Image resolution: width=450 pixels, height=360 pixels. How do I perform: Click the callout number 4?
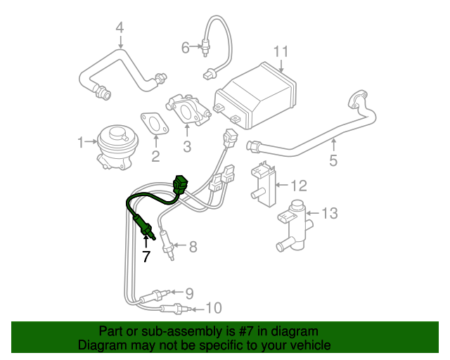[120, 27]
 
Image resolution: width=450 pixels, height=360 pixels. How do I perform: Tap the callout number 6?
[186, 47]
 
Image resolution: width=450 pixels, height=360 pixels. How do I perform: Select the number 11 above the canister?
[281, 51]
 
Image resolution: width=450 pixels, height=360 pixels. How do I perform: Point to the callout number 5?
[333, 161]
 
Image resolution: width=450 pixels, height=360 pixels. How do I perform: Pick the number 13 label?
[330, 212]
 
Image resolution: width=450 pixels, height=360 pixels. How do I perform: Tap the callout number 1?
[81, 143]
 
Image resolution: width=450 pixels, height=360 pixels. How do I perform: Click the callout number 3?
[187, 146]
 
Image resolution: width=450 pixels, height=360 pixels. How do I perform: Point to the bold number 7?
[146, 257]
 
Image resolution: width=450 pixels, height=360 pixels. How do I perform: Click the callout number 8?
[193, 246]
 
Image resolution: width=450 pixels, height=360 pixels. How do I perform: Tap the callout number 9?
[189, 292]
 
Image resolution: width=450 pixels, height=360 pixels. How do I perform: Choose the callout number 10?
[214, 307]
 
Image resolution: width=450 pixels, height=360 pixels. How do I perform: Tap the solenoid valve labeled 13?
[292, 224]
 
